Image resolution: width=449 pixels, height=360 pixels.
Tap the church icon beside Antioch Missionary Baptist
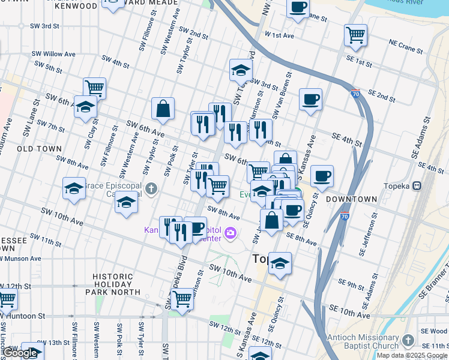click(408, 340)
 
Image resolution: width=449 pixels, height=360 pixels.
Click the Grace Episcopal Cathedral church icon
click(151, 190)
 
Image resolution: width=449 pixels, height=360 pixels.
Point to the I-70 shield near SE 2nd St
click(356, 94)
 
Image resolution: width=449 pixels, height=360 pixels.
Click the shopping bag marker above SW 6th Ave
click(163, 109)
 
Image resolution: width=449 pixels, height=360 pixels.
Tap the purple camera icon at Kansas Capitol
click(230, 232)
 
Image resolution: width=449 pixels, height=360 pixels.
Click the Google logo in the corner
click(20, 353)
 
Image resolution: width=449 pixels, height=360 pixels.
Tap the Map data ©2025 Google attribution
click(412, 355)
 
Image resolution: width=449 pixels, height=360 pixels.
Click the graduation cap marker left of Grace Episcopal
click(74, 188)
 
